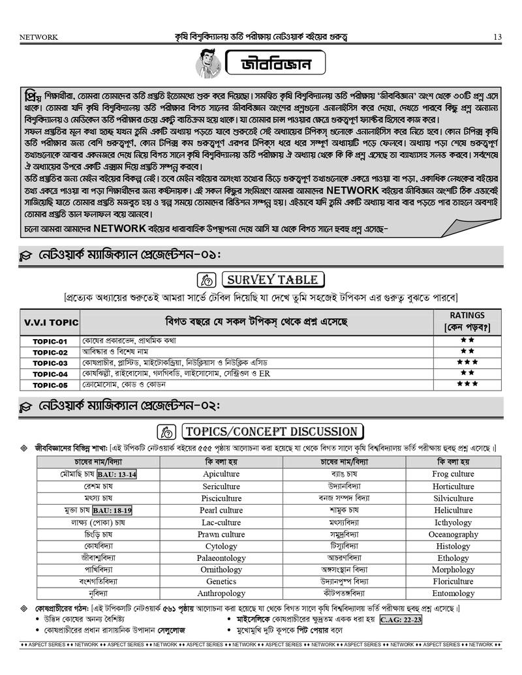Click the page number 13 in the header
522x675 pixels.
coord(497,37)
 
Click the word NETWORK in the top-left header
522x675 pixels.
coord(38,37)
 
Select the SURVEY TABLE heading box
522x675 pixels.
coord(272,280)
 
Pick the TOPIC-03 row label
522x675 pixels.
coord(50,363)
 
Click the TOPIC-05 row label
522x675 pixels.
coord(50,385)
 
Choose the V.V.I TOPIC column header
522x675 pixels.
coord(51,323)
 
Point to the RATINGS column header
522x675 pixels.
coord(467,321)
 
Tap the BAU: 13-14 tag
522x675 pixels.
coord(117,475)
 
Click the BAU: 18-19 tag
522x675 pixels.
coord(112,510)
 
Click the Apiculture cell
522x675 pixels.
coord(221,474)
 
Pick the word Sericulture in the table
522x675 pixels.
coord(221,487)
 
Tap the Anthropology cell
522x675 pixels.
coord(221,593)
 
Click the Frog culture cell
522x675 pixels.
coord(453,474)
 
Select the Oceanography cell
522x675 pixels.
coord(453,534)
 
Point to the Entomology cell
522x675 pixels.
coord(453,593)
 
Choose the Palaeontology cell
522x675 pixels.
coord(221,558)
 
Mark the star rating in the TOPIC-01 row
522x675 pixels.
coord(467,340)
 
